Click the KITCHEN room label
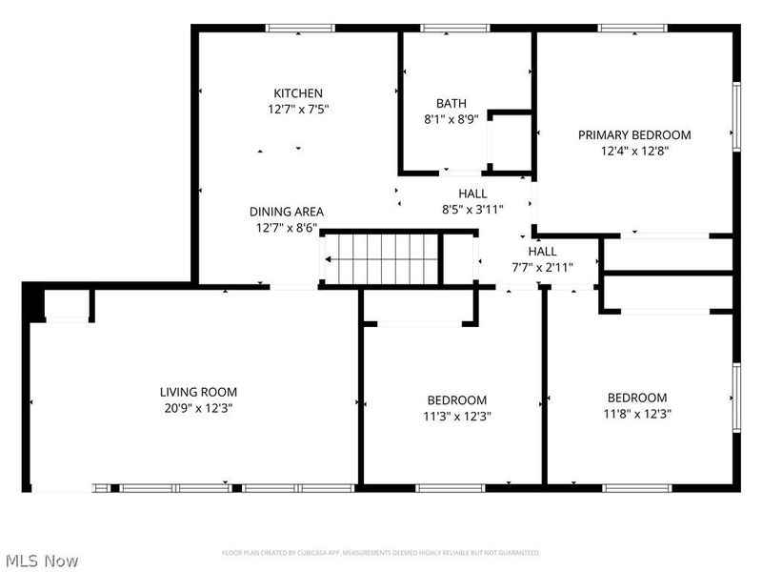(298, 93)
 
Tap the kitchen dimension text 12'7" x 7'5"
(298, 110)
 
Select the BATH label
(451, 104)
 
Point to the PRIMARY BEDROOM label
(634, 135)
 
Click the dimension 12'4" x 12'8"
(634, 151)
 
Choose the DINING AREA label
(287, 212)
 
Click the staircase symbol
(382, 258)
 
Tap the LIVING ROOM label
(198, 392)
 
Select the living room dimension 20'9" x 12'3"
(198, 408)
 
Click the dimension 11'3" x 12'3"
(457, 416)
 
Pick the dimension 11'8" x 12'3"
(637, 414)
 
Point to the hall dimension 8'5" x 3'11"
(472, 209)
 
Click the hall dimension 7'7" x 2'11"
(543, 267)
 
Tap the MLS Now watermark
(41, 561)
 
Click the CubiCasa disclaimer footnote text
(381, 553)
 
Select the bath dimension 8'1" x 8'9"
(451, 120)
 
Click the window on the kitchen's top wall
(298, 29)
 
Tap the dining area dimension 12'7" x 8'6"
(287, 228)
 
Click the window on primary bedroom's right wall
(736, 116)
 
